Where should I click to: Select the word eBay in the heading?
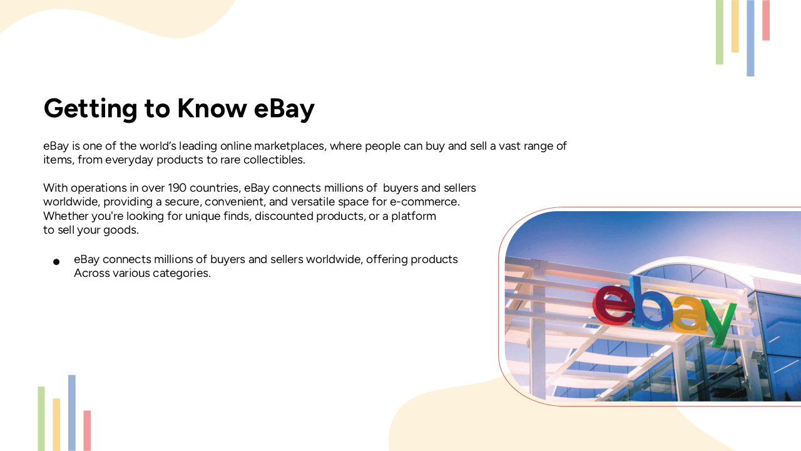coord(284,108)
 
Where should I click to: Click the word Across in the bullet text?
coord(91,273)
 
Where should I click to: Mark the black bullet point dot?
coord(56,261)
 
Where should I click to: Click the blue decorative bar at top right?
coord(750,38)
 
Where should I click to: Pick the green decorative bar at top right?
coord(720,32)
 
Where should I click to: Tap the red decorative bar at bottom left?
coord(87,430)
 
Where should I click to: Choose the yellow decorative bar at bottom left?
coord(56,424)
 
